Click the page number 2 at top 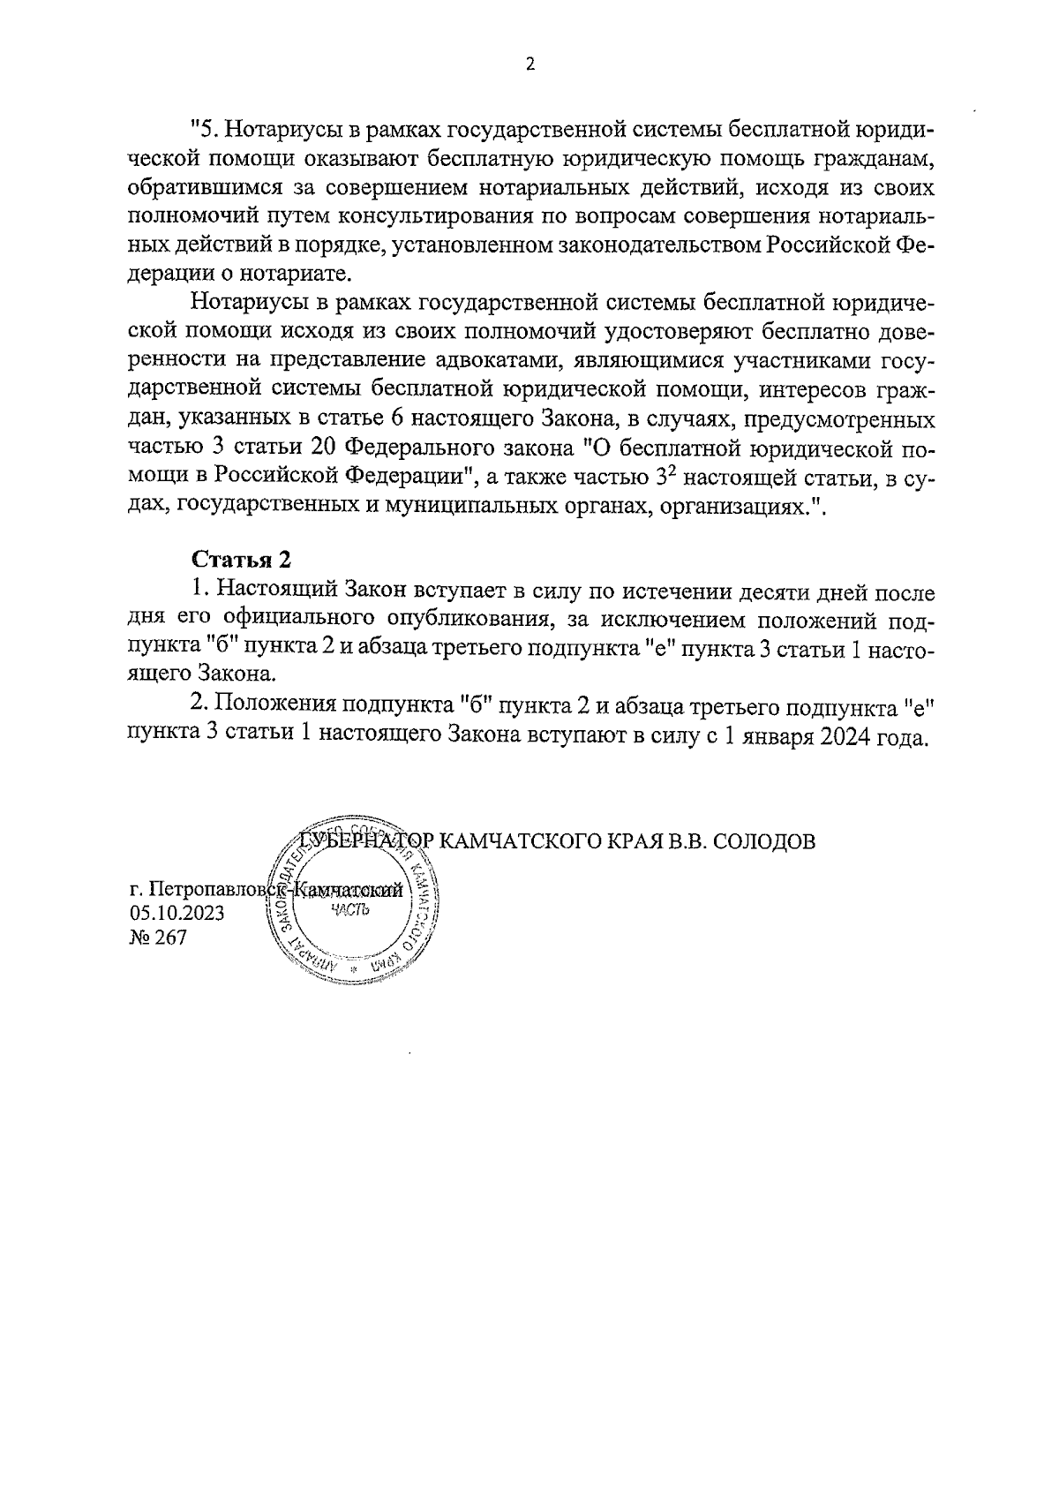[529, 64]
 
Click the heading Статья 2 [241, 561]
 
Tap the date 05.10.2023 [176, 913]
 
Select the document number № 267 [158, 938]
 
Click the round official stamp [354, 909]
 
